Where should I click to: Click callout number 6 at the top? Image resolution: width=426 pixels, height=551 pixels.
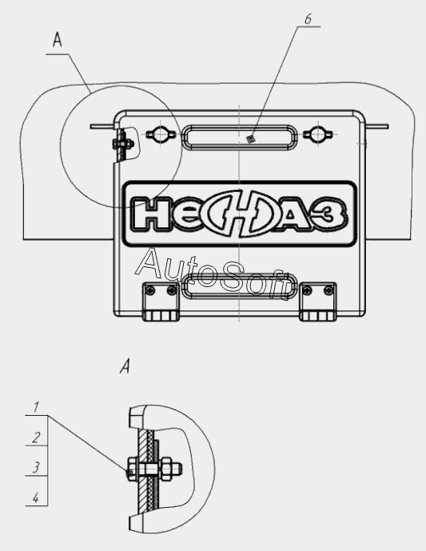(308, 19)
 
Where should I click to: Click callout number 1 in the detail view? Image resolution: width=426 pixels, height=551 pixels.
(36, 407)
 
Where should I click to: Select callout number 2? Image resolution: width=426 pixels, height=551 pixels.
(36, 437)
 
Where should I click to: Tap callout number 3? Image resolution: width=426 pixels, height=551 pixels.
(36, 467)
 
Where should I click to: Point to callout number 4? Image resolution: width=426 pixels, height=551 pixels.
(36, 498)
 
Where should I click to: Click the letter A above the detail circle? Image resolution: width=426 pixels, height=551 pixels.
(58, 39)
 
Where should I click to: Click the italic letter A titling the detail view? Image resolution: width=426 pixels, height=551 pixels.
(125, 366)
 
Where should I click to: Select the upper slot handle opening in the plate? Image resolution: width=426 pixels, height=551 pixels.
(240, 138)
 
